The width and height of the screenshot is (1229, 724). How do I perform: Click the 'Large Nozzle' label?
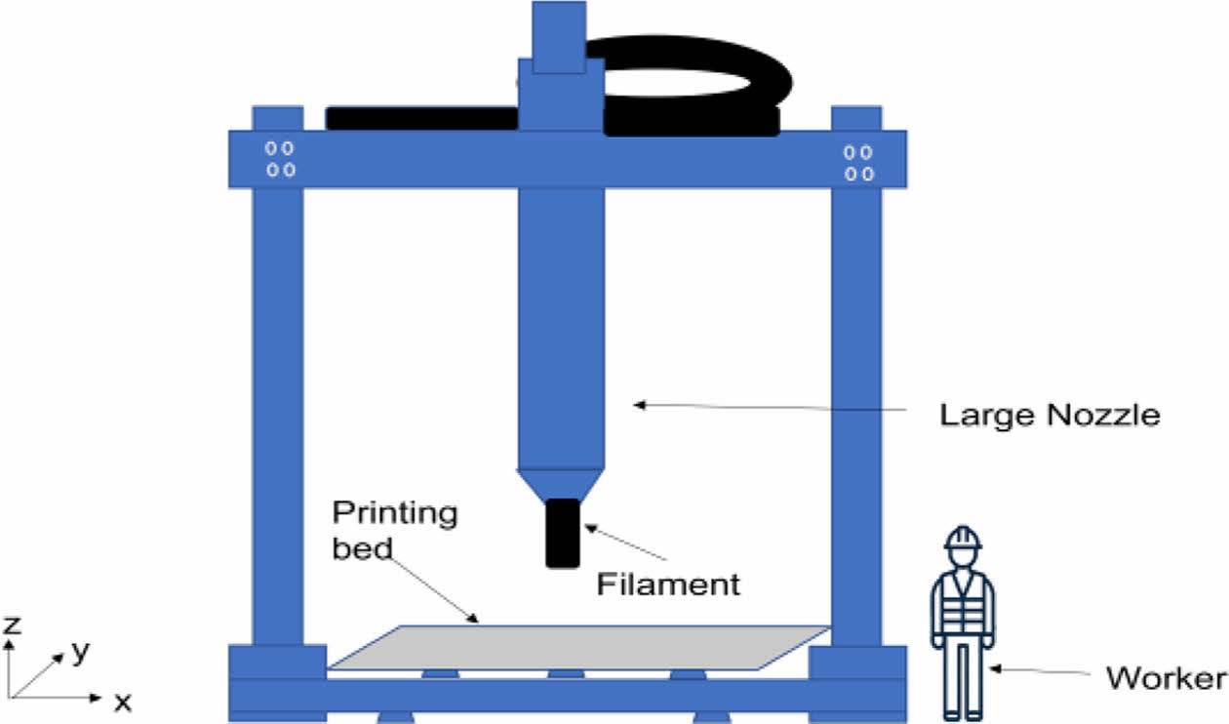(x=1050, y=416)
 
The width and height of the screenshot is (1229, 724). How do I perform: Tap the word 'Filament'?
(x=668, y=584)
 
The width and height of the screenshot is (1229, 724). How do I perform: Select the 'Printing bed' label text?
(x=394, y=530)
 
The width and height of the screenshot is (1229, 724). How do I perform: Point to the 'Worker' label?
(x=1166, y=678)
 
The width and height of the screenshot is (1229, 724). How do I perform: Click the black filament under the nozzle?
(x=561, y=533)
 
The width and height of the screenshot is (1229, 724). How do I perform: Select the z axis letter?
(x=12, y=625)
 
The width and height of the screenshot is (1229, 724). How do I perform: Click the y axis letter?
(x=80, y=653)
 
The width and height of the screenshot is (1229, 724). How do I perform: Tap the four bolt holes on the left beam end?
(x=282, y=160)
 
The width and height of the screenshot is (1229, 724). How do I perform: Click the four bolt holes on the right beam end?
(x=858, y=162)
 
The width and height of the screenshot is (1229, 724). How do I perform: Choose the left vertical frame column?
(x=277, y=410)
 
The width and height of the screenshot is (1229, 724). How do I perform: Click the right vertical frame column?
(x=855, y=410)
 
